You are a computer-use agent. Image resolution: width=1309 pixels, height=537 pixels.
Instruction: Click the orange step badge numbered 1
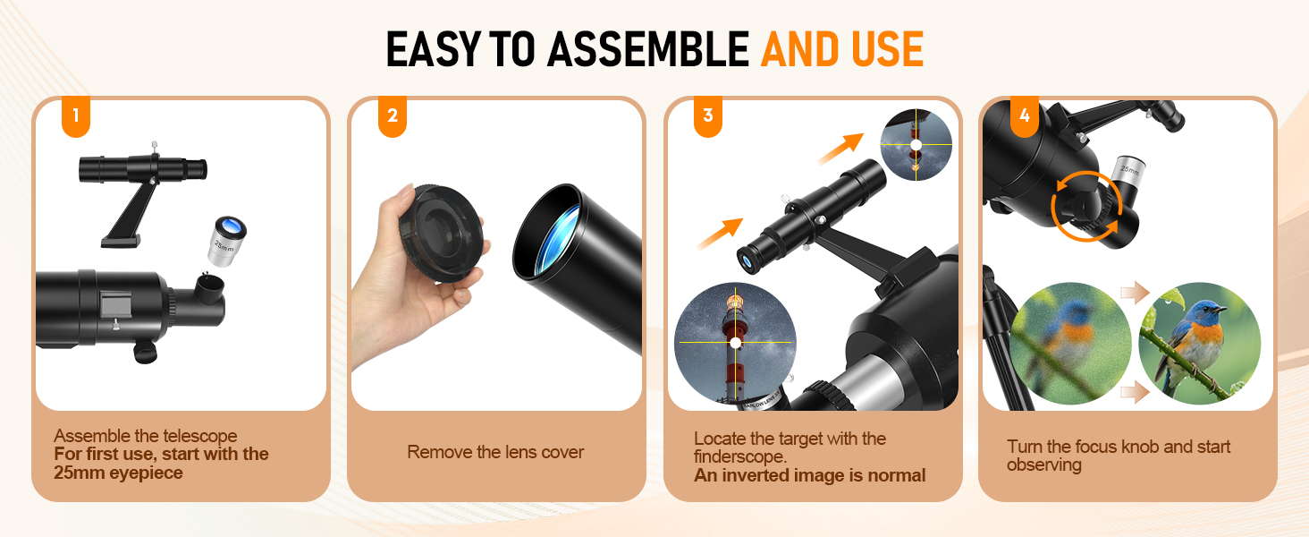tap(76, 115)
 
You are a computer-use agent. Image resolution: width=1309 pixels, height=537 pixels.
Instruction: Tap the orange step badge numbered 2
tap(393, 115)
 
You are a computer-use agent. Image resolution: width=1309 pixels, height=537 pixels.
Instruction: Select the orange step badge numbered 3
tap(707, 115)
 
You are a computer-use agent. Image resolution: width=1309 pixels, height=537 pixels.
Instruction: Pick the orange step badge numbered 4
tap(1025, 115)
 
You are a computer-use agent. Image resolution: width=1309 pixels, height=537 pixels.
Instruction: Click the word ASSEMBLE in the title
tap(648, 50)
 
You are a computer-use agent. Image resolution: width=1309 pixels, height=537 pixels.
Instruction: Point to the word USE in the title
tap(887, 50)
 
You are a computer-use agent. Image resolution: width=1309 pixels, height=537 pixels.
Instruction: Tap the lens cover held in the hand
tap(442, 233)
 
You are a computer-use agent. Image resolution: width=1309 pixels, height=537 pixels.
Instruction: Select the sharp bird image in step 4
tap(1200, 344)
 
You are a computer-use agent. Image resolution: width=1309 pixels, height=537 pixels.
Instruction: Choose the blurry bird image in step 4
tap(1070, 344)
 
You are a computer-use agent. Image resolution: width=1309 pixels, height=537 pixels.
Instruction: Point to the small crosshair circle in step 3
tap(916, 144)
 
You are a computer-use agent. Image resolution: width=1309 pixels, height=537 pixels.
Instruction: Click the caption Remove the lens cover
tap(495, 452)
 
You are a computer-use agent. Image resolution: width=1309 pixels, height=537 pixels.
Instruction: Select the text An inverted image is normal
tap(809, 475)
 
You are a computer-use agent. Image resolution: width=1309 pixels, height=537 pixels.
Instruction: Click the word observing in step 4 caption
tap(1043, 465)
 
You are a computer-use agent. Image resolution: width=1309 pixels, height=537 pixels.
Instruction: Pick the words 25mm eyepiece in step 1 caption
tap(118, 473)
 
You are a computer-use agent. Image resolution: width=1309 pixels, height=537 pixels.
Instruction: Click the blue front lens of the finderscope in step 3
tap(747, 261)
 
